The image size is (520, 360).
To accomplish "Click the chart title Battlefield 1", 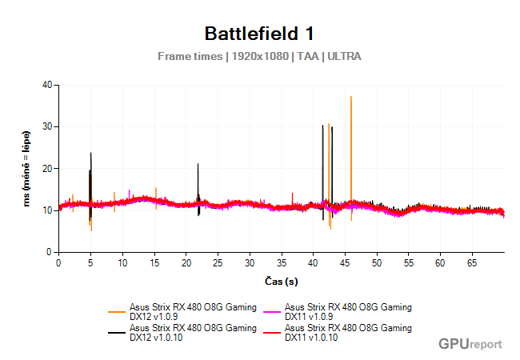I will pos(259,34).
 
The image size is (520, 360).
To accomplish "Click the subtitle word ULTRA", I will pos(344,57).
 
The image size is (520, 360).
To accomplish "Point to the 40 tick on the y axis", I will pos(46,85).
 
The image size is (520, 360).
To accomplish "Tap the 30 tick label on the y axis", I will pos(46,126).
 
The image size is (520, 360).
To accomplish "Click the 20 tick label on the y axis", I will pos(46,169).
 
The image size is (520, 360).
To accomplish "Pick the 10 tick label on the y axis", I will pos(46,210).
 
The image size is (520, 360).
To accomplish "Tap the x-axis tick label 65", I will pos(472,262).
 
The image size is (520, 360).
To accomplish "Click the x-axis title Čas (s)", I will pos(281,281).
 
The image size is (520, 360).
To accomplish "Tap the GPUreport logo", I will pos(470,344).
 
